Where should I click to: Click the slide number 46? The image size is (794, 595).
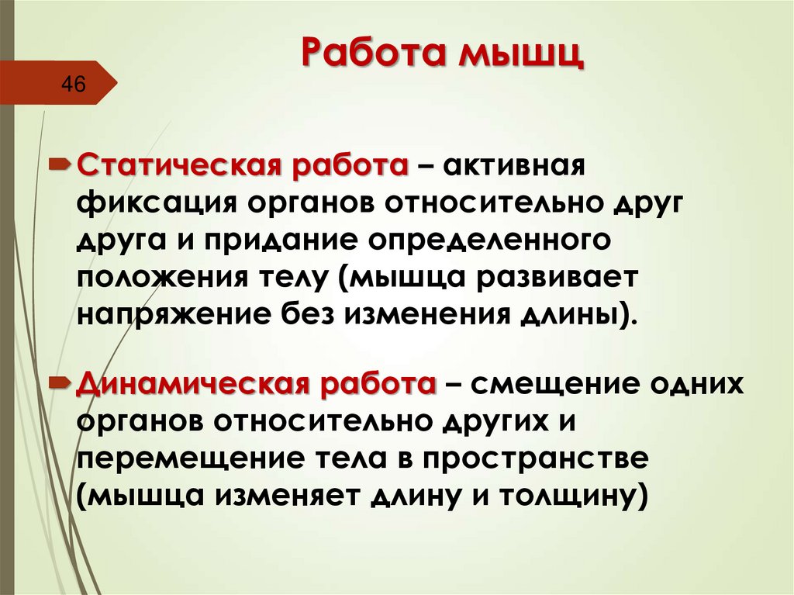click(x=74, y=84)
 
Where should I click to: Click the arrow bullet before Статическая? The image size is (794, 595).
click(x=60, y=166)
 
